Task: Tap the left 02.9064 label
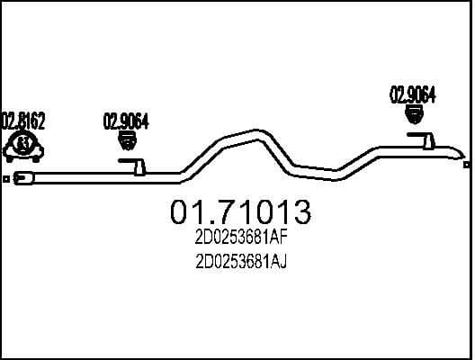[126, 121]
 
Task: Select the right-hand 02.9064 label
[412, 93]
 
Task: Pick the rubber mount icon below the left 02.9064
[127, 140]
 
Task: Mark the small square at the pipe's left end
[5, 179]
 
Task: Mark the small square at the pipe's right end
[466, 165]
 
